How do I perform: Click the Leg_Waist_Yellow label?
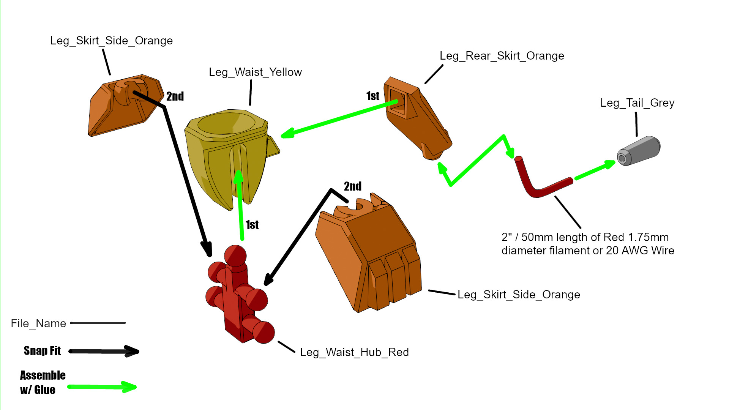[255, 72]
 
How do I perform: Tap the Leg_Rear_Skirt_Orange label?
[502, 56]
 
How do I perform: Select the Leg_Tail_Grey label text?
[637, 103]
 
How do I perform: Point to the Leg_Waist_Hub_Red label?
[354, 352]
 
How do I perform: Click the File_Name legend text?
[38, 323]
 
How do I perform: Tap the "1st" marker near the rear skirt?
[372, 96]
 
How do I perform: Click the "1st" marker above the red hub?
[252, 225]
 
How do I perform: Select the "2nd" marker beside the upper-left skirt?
[175, 96]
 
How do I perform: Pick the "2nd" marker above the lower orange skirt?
[352, 186]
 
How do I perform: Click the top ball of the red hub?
[235, 255]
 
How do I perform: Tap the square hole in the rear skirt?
[398, 101]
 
